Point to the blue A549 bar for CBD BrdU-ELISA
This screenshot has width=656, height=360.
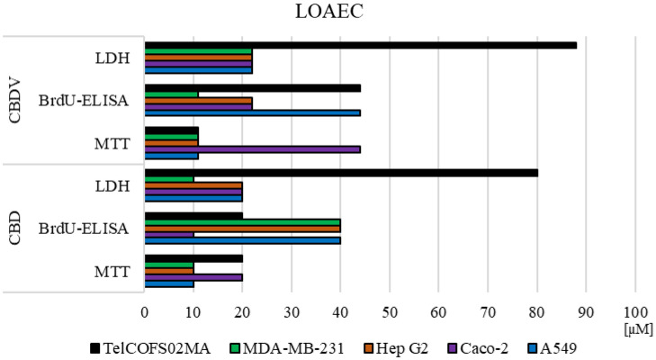pyautogui.click(x=242, y=240)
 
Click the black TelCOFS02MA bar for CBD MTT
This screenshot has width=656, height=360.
pyautogui.click(x=193, y=257)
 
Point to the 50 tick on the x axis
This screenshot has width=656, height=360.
pyautogui.click(x=390, y=310)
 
